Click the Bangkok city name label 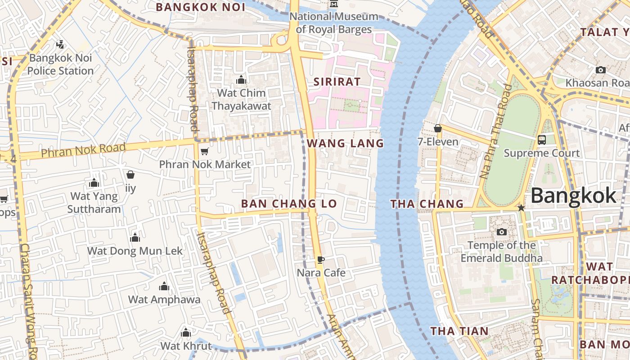pyautogui.click(x=573, y=196)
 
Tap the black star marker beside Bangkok pyautogui.click(x=521, y=208)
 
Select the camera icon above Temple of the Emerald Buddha pyautogui.click(x=501, y=232)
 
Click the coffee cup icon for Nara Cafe pyautogui.click(x=321, y=260)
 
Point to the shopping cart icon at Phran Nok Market pyautogui.click(x=204, y=151)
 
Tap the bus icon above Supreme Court pyautogui.click(x=542, y=139)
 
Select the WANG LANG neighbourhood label pyautogui.click(x=345, y=144)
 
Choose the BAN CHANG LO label pyautogui.click(x=289, y=204)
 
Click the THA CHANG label pyautogui.click(x=427, y=204)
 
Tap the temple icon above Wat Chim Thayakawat pyautogui.click(x=241, y=80)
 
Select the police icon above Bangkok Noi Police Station pyautogui.click(x=60, y=45)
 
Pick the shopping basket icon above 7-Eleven pyautogui.click(x=438, y=129)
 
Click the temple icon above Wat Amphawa pyautogui.click(x=164, y=286)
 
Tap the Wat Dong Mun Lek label pyautogui.click(x=135, y=251)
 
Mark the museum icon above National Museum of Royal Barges pyautogui.click(x=333, y=4)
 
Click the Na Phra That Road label pyautogui.click(x=496, y=130)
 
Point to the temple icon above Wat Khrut pyautogui.click(x=186, y=333)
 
